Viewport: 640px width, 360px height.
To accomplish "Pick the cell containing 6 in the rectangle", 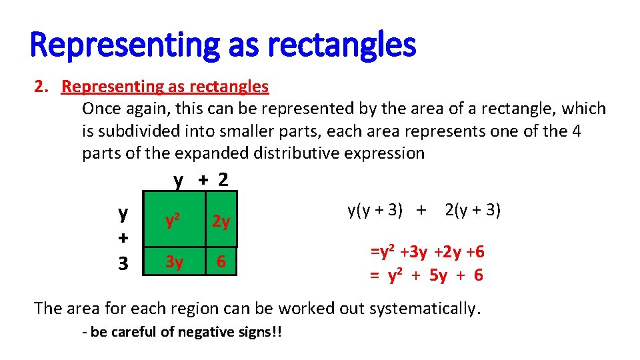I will coord(221,263).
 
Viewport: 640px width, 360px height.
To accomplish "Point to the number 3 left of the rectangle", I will coord(123,263).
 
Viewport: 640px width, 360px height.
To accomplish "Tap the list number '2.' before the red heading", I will coord(43,87).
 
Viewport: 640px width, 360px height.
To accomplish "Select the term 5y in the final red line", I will coord(438,275).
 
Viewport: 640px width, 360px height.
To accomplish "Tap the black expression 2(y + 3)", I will coord(473,211).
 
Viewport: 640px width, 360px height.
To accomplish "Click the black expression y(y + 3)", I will coord(375,211).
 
